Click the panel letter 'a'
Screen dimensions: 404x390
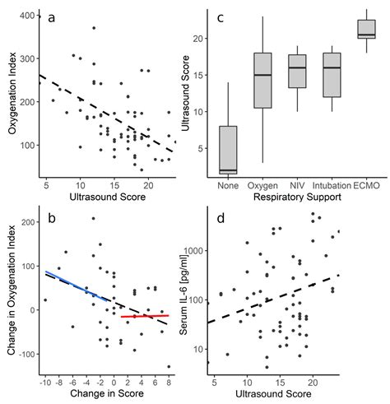(53, 18)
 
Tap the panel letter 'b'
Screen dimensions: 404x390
(53, 218)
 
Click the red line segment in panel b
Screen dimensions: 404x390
(144, 316)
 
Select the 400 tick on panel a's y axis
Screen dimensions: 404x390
(26, 16)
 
